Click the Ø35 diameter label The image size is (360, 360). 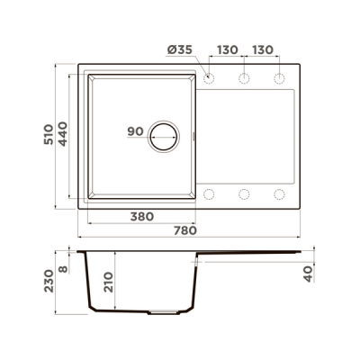click(x=181, y=52)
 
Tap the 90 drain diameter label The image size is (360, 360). click(x=136, y=132)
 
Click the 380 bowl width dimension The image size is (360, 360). click(x=140, y=217)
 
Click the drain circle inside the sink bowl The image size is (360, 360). click(x=163, y=136)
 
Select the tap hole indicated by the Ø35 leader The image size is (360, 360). click(x=209, y=78)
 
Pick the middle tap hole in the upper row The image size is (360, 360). click(x=244, y=78)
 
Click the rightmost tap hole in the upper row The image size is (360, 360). click(x=279, y=78)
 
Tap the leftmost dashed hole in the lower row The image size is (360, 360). click(x=209, y=193)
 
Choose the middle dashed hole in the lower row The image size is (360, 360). click(x=244, y=193)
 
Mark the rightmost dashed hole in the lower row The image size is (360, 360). click(x=279, y=193)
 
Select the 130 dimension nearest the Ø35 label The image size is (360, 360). click(x=227, y=52)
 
